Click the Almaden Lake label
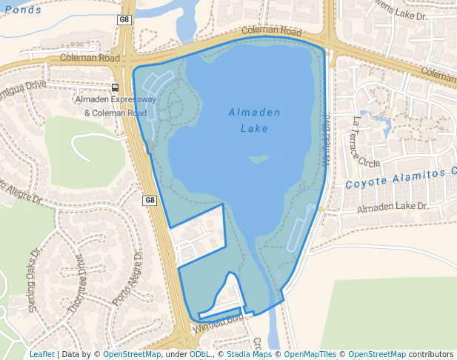point(254,120)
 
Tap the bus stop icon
point(115,87)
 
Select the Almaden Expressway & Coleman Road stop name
point(115,106)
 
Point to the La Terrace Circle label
point(364,141)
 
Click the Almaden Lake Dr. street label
point(393,208)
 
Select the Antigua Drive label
point(22,87)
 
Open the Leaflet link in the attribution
point(41,354)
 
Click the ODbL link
point(200,354)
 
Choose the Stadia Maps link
point(247,354)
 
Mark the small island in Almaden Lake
point(258,159)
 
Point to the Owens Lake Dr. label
point(403,15)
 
